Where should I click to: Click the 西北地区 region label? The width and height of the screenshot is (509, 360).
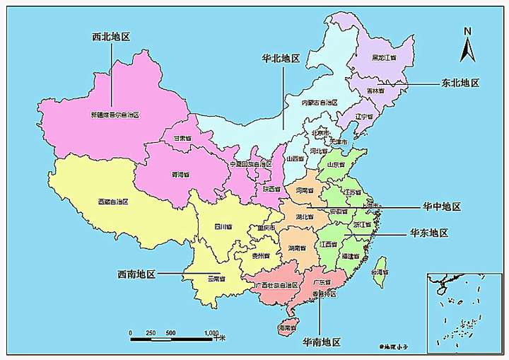(x=112, y=36)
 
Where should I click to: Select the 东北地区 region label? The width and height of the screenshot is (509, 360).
(x=460, y=83)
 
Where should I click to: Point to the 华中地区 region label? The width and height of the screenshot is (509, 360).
(x=442, y=207)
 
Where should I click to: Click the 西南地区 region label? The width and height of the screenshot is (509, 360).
(x=136, y=273)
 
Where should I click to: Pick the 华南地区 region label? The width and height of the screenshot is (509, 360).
(x=322, y=342)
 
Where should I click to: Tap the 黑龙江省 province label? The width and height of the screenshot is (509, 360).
(x=385, y=58)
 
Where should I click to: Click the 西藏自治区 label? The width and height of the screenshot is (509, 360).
(x=113, y=202)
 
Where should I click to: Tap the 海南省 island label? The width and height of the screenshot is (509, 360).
(x=286, y=329)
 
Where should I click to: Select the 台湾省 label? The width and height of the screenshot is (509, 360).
(x=380, y=272)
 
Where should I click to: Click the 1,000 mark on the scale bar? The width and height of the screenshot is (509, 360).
(x=211, y=332)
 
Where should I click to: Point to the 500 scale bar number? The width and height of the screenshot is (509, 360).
(x=171, y=332)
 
